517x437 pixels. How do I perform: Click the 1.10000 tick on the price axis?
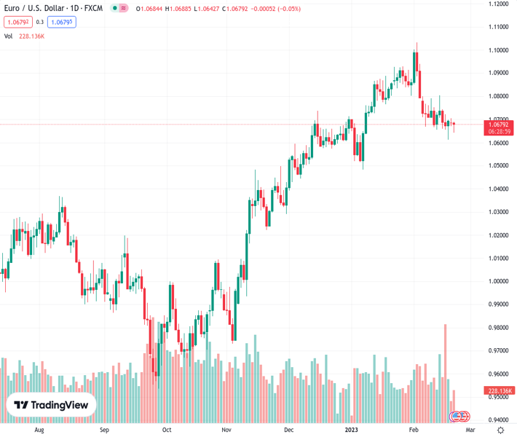pos(499,50)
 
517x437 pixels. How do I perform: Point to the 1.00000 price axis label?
pos(499,281)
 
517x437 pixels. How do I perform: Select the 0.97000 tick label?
pos(499,350)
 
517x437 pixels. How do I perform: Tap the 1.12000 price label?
pos(499,4)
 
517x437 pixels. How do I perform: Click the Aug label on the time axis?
pos(39,430)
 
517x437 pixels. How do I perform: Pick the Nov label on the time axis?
pos(226,430)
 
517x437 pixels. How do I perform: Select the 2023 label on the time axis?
pos(351,430)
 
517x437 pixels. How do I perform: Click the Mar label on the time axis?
pos(470,430)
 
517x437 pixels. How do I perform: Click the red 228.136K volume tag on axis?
pos(500,391)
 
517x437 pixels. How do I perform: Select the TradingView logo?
pos(51,405)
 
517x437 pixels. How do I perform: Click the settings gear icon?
pos(500,430)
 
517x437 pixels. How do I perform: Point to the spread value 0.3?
pos(40,22)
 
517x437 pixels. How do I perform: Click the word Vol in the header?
pos(8,36)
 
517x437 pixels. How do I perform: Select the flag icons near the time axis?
pos(459,417)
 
